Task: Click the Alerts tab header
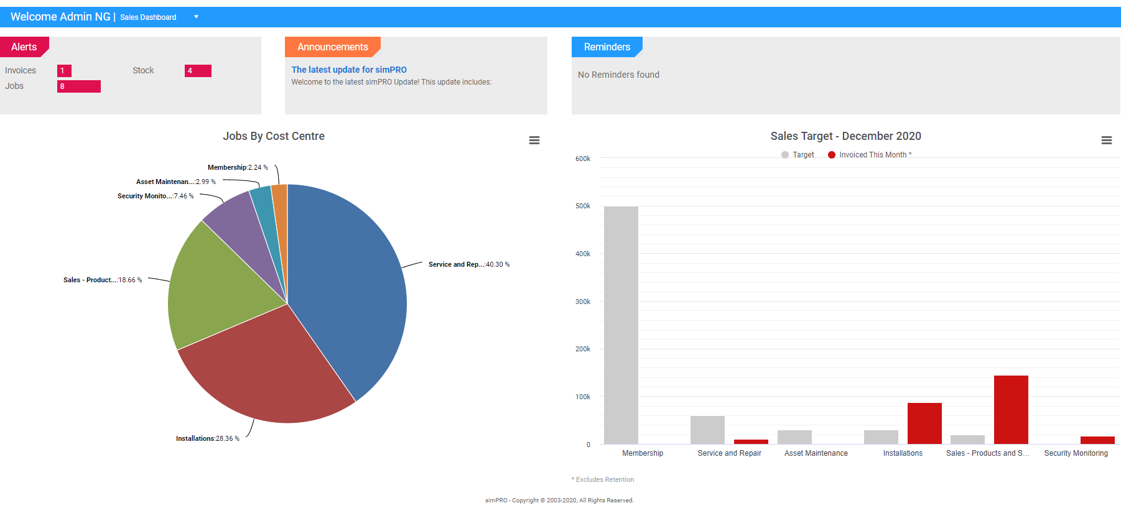24,47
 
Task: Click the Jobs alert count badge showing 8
78,86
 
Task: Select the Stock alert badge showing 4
198,71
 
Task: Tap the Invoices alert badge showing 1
64,71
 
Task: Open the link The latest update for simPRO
349,70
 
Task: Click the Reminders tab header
607,47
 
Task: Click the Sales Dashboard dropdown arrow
196,17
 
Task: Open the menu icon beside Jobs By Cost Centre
534,141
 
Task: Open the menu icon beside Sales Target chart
1106,141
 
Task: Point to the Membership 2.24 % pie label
238,167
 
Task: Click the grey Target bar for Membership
621,323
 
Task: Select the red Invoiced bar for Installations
924,423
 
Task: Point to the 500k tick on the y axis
583,206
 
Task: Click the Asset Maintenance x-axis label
816,453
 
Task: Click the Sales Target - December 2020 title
845,136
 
